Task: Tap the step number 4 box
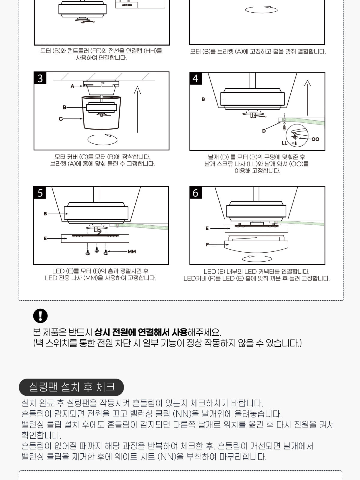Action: (x=196, y=79)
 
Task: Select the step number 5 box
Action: (x=40, y=193)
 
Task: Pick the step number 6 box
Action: (x=196, y=193)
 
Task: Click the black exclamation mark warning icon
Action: (x=40, y=316)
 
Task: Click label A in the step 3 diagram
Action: (x=72, y=86)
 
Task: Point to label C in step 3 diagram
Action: (x=61, y=119)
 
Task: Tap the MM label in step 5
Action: (x=132, y=251)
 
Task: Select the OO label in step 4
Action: (x=315, y=139)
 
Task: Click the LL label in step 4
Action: (x=284, y=143)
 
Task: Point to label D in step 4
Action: (x=264, y=131)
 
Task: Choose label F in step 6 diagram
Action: (x=207, y=245)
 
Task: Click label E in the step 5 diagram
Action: (x=45, y=238)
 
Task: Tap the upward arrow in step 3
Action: (x=137, y=109)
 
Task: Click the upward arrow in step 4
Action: (x=307, y=98)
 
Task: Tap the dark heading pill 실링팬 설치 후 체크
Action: (x=71, y=387)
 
